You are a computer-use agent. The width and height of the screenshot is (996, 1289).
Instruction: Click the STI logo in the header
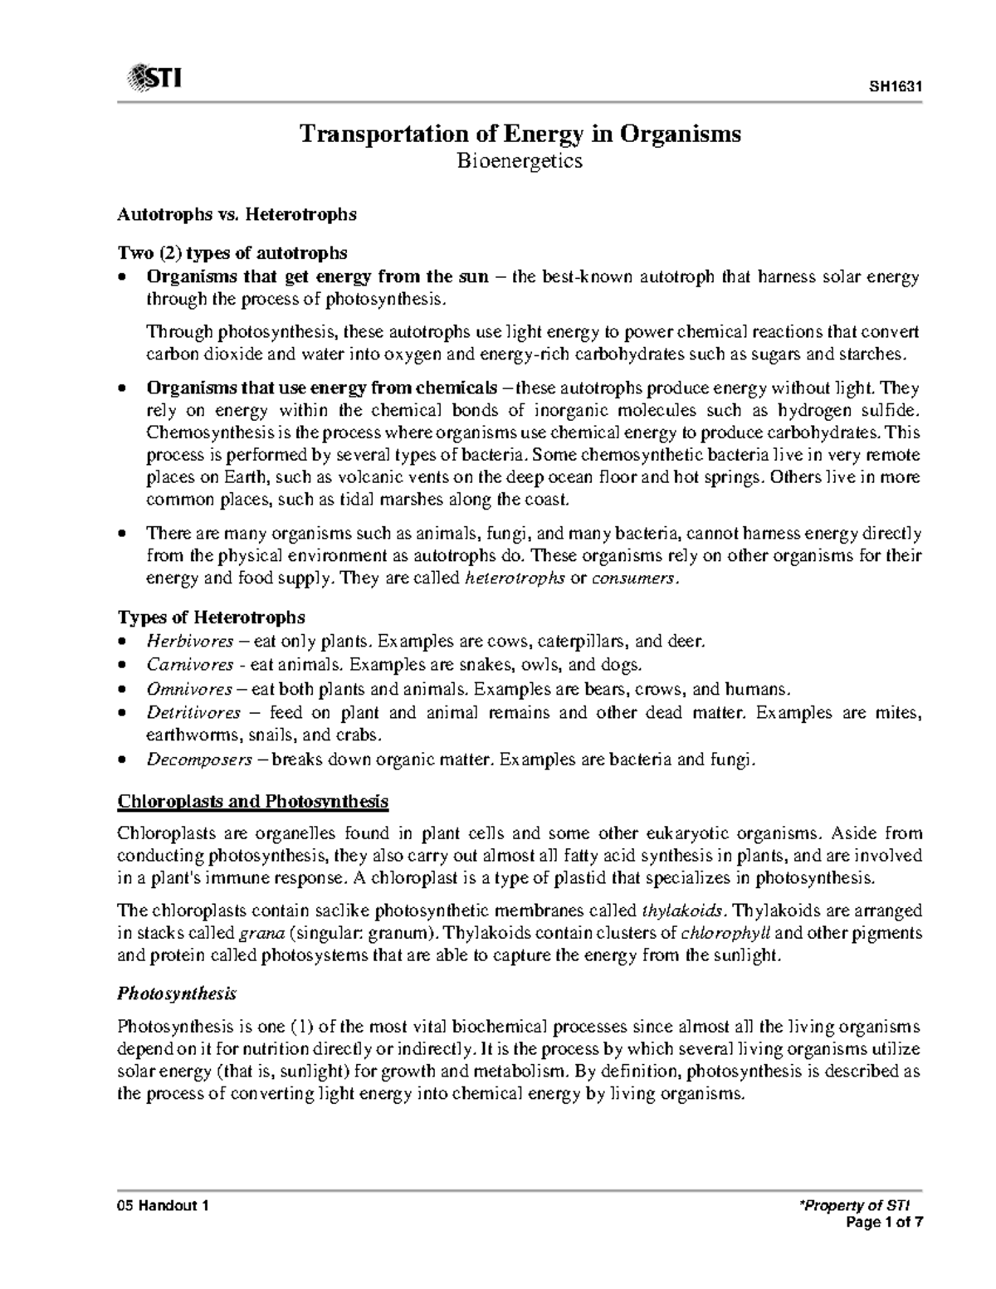154,80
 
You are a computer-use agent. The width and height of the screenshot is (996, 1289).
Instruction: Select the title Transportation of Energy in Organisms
520,134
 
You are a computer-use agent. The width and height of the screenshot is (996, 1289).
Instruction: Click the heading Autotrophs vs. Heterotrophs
237,214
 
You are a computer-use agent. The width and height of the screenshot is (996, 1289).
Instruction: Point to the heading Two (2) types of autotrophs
232,252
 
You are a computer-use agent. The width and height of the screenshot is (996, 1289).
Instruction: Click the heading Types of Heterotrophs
212,618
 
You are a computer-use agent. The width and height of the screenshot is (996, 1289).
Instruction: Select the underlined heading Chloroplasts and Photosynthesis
253,802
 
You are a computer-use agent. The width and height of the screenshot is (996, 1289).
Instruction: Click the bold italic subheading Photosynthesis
177,994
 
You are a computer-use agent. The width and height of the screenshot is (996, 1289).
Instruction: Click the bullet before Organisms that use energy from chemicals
123,388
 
